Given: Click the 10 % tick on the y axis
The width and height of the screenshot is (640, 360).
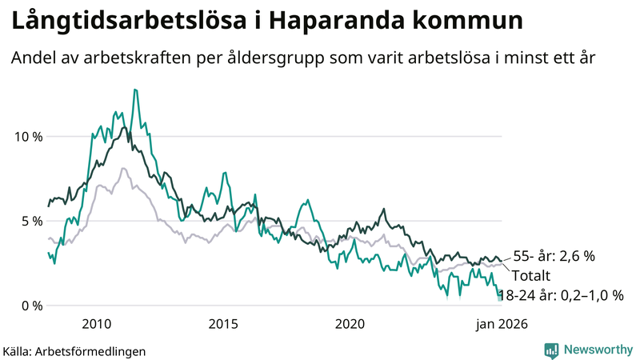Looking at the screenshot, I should (x=29, y=136).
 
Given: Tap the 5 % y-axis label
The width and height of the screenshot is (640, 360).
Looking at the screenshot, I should (x=33, y=221).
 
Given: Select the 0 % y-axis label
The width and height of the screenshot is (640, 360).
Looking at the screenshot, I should (x=33, y=306).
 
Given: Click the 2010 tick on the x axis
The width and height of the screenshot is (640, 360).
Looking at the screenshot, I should (x=96, y=324).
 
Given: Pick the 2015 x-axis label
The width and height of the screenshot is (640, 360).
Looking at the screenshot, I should (x=223, y=324).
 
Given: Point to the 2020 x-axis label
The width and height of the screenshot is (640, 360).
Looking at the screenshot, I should (x=350, y=324).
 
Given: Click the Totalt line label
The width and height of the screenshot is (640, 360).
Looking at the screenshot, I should (x=532, y=275).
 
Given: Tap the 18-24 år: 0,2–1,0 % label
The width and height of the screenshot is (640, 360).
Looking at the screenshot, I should (x=560, y=294).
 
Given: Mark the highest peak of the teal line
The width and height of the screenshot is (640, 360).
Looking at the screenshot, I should (x=136, y=90).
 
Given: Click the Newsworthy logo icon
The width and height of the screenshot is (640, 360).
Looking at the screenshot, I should (x=551, y=350).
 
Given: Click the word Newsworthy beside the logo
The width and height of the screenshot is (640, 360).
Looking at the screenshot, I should (x=597, y=350).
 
